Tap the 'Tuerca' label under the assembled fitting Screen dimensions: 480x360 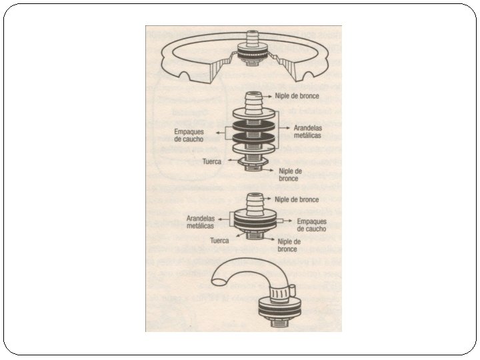[220, 241]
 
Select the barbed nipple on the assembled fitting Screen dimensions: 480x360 [253, 199]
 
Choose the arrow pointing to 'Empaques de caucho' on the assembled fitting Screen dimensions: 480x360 [283, 219]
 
